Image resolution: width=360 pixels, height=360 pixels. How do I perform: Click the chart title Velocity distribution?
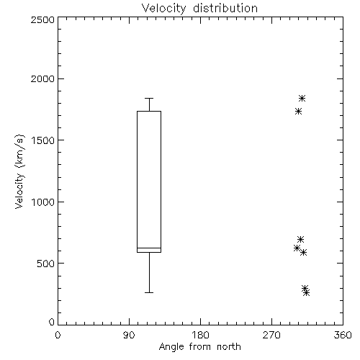point(199,9)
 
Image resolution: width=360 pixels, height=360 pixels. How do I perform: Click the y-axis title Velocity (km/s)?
point(19,171)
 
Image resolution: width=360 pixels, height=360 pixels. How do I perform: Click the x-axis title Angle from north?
point(199,347)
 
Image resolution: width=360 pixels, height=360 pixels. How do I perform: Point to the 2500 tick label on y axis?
point(42,19)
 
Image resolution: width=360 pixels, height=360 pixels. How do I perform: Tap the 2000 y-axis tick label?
point(42,79)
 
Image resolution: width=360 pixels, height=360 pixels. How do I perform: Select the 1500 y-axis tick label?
point(43,140)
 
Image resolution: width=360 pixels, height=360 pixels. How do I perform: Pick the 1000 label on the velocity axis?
point(43,202)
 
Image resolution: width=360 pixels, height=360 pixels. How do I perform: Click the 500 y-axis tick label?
point(46,264)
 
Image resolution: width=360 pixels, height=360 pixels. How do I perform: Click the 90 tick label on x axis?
point(129,335)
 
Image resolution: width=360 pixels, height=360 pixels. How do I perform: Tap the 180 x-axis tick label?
point(200,335)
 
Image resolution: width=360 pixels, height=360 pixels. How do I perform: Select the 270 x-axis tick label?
point(271,335)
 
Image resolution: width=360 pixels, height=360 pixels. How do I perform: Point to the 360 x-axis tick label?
point(343,335)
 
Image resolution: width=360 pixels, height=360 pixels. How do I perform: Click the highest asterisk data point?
point(302,98)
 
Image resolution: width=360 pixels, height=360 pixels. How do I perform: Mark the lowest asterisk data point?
point(306,293)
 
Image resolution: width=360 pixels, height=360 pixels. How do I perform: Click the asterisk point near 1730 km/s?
point(298,112)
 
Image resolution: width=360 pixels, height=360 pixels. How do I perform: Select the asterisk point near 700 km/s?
point(300,239)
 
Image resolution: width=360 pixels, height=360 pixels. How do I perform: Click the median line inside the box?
point(149,248)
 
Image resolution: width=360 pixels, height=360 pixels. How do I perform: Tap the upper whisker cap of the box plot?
point(149,98)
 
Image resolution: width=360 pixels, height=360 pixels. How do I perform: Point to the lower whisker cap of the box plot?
point(149,293)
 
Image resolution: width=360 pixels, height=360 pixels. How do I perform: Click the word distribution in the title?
point(225,9)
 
